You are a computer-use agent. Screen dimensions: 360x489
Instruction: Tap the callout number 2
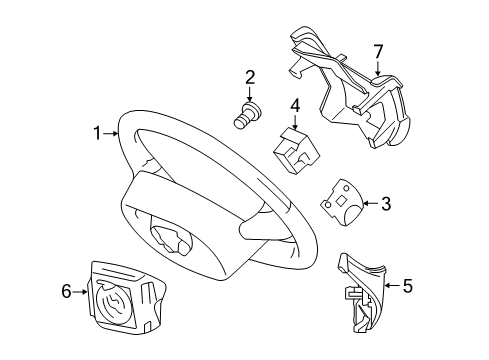pos(250,77)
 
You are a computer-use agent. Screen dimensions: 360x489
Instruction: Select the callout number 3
pos(386,205)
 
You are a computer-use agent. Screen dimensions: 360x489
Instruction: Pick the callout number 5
pos(407,286)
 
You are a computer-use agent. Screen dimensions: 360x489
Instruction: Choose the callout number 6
pos(67,292)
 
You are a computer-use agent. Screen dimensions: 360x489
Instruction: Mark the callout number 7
pos(378,50)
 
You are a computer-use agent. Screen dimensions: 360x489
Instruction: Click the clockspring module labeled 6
pos(122,297)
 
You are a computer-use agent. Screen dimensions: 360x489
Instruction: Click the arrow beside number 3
pos(370,205)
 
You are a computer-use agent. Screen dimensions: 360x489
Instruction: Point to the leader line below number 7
pos(378,68)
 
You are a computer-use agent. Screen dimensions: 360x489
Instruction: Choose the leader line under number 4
pos(295,120)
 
